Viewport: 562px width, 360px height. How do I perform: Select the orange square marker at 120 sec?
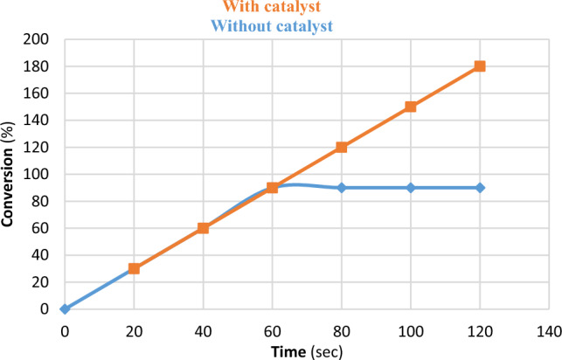click(480, 66)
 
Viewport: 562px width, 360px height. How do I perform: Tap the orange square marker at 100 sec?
click(411, 107)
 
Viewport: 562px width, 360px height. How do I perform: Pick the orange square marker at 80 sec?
click(342, 147)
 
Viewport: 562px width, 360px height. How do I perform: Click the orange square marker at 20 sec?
click(134, 268)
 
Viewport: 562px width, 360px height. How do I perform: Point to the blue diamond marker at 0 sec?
click(65, 308)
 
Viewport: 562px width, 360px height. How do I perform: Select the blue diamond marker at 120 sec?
click(480, 188)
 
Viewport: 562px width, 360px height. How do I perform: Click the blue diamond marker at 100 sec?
click(411, 188)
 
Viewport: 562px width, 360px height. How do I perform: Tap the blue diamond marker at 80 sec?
click(342, 188)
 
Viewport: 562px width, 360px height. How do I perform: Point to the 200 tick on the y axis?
click(40, 39)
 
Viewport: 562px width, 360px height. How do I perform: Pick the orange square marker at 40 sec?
click(203, 228)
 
